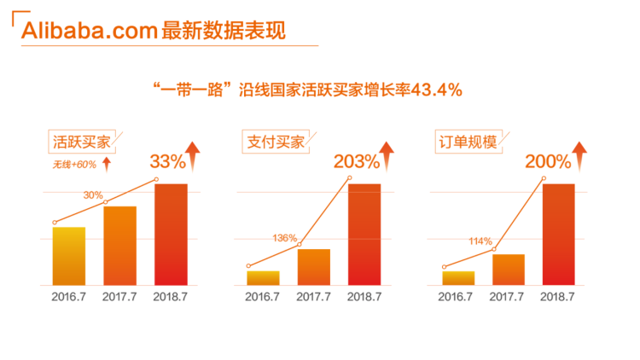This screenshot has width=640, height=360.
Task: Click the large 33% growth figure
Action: [167, 160]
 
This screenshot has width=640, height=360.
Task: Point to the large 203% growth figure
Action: [356, 160]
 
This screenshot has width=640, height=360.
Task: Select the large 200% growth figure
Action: [547, 160]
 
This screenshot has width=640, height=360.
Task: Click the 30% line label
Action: [93, 195]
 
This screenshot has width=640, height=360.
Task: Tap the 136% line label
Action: [285, 238]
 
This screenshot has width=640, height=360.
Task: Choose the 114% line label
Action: [480, 241]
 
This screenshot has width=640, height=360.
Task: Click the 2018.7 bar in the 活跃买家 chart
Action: [171, 234]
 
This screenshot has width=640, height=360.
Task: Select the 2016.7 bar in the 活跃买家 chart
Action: [69, 255]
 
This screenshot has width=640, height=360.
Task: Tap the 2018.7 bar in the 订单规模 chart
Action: [559, 234]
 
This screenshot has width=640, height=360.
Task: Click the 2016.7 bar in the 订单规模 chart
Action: [458, 277]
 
